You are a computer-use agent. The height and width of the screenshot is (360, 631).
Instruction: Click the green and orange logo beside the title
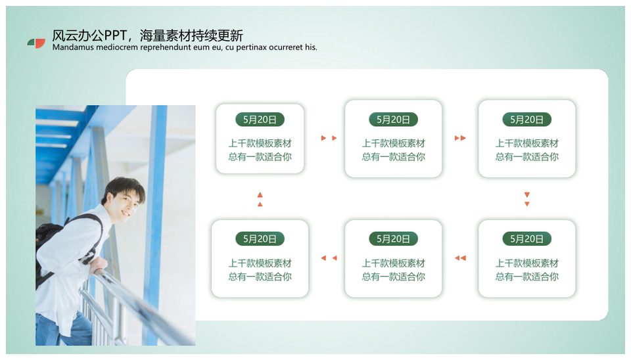click(x=36, y=43)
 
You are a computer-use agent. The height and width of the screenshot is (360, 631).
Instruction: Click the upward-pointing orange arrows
click(x=260, y=200)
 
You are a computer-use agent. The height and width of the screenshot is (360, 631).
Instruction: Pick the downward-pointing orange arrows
click(x=526, y=199)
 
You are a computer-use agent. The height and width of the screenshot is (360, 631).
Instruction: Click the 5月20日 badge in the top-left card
click(x=260, y=120)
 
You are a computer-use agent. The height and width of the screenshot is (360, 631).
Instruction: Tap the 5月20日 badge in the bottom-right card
click(x=526, y=239)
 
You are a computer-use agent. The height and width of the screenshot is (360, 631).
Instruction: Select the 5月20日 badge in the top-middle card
click(x=393, y=120)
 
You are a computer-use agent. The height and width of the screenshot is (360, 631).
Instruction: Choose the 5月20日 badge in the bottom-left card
click(x=260, y=239)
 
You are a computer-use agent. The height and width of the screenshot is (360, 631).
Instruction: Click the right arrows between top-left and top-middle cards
click(x=329, y=138)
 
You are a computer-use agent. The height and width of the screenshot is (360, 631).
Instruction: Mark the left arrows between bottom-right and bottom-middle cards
click(x=460, y=258)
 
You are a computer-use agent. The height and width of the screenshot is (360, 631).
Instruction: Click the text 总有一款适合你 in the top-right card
click(x=526, y=157)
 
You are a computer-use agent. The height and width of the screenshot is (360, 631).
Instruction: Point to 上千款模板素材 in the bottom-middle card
click(x=393, y=263)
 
